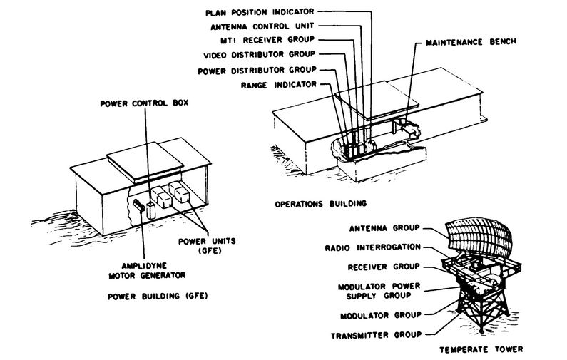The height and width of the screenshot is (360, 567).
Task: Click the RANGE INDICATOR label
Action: [x=280, y=85]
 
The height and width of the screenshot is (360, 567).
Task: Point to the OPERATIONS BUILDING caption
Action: [x=320, y=204]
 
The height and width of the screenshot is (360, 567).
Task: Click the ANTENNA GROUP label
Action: [x=383, y=229]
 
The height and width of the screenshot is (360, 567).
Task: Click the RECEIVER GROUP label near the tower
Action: [x=382, y=267]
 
